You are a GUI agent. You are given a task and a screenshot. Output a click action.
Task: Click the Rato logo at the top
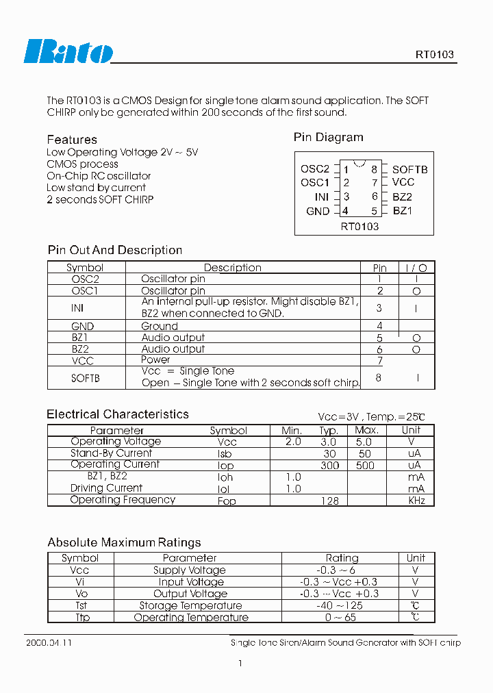[x=68, y=51]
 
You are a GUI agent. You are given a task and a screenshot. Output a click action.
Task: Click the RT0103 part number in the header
[x=434, y=55]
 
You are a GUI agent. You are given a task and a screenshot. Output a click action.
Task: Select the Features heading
[x=72, y=140]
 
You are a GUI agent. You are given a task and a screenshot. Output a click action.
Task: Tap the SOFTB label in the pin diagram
[x=410, y=169]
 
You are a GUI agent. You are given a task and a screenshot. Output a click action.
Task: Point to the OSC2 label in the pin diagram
[x=315, y=169]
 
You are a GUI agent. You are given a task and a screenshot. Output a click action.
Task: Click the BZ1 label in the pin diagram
[x=403, y=211]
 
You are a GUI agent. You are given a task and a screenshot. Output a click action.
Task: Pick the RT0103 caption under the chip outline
[x=359, y=226]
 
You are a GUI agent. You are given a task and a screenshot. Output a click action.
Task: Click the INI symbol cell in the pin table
[x=77, y=308]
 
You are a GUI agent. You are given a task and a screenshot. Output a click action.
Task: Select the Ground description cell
[x=160, y=327]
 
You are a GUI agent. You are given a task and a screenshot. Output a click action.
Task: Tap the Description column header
[x=233, y=268]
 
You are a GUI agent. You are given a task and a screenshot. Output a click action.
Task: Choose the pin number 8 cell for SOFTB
[x=379, y=377]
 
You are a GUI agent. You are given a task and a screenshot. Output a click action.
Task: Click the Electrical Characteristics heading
[x=117, y=414]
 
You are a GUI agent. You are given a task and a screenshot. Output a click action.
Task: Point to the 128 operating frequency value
[x=330, y=501]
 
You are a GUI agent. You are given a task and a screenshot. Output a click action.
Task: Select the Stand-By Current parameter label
[x=111, y=453]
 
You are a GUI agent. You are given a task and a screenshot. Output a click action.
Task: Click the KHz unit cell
[x=416, y=501]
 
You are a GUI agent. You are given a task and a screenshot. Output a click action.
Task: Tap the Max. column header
[x=366, y=430]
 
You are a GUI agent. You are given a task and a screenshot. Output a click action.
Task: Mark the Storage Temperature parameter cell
[x=190, y=605]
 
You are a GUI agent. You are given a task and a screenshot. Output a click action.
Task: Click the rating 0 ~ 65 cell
[x=341, y=617]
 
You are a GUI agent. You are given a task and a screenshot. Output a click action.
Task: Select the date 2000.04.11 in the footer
[x=48, y=643]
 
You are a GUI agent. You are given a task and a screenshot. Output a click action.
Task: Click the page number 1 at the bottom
[x=240, y=663]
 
